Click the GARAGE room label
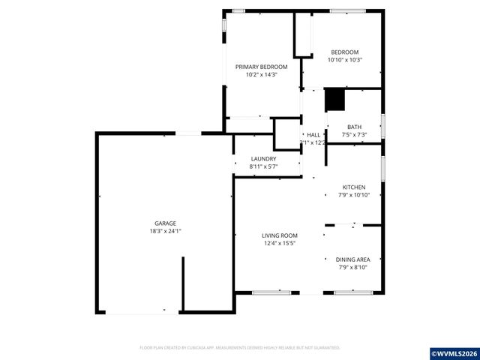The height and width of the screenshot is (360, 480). [165, 223]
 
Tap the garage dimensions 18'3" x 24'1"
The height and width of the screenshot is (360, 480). [165, 231]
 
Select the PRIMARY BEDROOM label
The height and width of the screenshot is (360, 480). [262, 67]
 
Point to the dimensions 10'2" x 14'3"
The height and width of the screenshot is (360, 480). [262, 74]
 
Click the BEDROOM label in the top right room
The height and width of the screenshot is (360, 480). [345, 52]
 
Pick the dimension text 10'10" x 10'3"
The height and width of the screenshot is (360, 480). [345, 60]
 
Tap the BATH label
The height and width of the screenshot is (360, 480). [354, 127]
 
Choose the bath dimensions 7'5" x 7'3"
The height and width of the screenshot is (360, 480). [354, 135]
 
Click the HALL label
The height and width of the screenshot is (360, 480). [313, 134]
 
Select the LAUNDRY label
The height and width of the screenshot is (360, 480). [263, 158]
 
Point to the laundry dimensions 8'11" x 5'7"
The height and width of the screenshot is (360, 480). [263, 166]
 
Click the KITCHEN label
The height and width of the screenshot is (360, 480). [354, 187]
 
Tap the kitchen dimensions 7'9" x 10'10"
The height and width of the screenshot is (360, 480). [354, 195]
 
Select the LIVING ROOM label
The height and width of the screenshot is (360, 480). [280, 235]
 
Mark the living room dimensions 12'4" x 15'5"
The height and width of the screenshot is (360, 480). [280, 243]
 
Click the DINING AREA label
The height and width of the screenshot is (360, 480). [352, 259]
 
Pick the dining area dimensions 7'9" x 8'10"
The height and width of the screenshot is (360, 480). [352, 267]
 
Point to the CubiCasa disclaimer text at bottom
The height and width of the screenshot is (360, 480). [240, 347]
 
